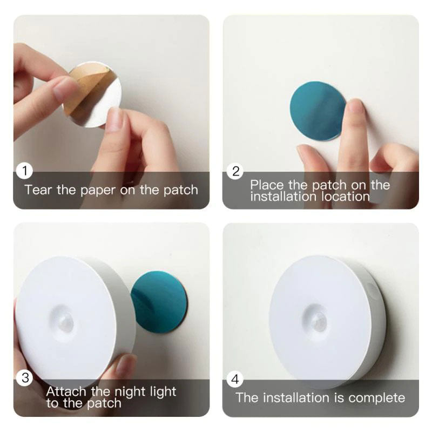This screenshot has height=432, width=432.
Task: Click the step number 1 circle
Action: (x=24, y=172)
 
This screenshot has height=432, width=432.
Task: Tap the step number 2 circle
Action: (x=235, y=172)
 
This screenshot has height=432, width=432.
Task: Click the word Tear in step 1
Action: (x=38, y=190)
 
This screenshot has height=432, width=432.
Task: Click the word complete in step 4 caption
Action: (x=376, y=398)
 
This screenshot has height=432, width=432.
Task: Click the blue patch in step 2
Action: (x=318, y=111)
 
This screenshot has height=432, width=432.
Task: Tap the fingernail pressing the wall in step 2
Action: (x=355, y=106)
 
